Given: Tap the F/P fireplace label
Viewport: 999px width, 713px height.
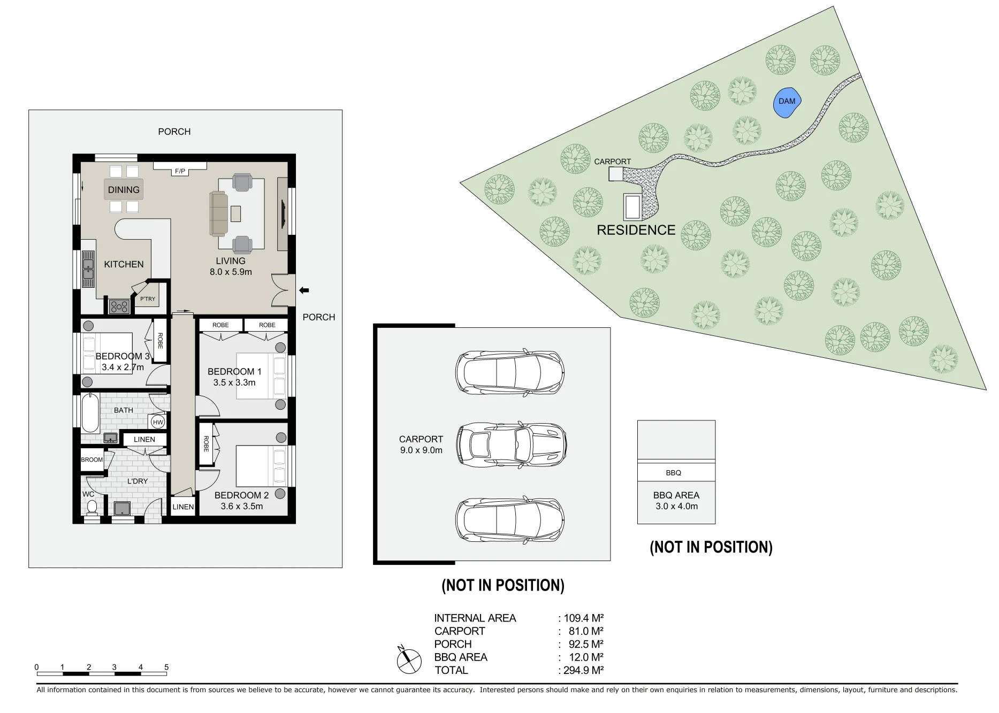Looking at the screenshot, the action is (180, 171).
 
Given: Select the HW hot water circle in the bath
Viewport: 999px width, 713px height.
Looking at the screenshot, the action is (158, 422).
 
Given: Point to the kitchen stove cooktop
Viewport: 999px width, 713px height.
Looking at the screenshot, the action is (119, 306).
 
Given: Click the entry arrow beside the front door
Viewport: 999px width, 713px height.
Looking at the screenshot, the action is (304, 290).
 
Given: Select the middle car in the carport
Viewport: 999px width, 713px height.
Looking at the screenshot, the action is (512, 445).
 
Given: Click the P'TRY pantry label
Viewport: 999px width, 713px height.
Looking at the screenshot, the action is (148, 299).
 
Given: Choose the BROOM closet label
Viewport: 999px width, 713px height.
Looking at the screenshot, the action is (92, 459).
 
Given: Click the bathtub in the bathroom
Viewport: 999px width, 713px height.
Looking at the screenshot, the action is (90, 413).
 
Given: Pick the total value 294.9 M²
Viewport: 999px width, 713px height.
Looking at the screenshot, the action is (583, 670).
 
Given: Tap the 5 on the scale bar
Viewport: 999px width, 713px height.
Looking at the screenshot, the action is (166, 667).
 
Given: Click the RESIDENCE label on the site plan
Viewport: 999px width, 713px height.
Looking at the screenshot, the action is (636, 230).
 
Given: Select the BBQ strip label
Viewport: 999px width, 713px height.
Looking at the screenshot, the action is (674, 473).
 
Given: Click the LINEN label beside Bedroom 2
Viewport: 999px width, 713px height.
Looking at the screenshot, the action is (183, 507).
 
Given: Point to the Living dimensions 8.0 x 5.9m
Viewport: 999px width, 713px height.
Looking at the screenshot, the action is (231, 272).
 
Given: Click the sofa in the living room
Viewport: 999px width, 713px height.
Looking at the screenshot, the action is (218, 213).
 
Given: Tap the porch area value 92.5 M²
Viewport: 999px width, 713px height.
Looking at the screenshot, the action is (586, 644).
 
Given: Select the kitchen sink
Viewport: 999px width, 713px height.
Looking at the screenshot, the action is (88, 269).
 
